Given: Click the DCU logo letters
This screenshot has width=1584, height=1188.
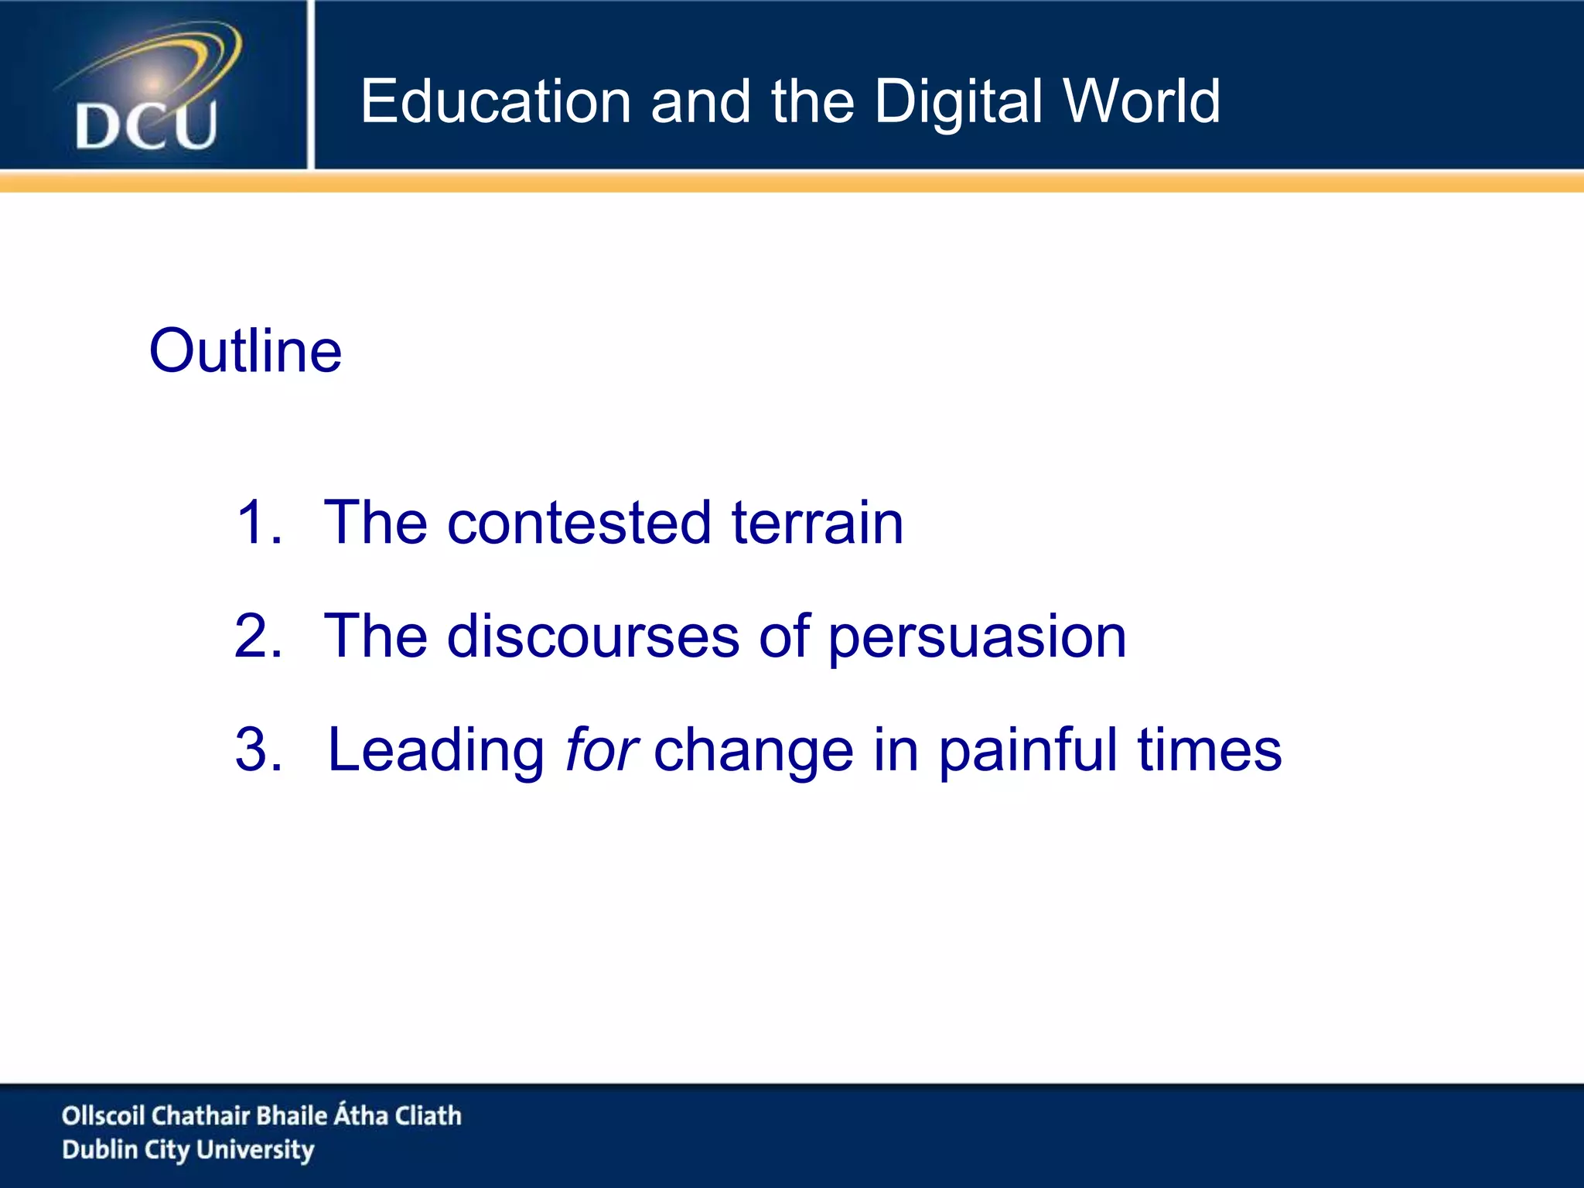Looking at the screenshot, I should tap(146, 126).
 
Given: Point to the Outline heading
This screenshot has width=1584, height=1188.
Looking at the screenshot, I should tap(245, 351).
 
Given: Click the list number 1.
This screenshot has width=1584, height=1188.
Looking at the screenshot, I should tap(255, 523).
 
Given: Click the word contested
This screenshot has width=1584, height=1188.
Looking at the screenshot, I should tap(579, 523).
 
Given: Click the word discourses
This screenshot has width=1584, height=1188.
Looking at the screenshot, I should tap(593, 637).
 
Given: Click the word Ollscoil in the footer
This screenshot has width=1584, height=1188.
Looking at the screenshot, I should tap(103, 1115).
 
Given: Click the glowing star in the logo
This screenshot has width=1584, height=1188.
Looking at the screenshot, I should tap(154, 82).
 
